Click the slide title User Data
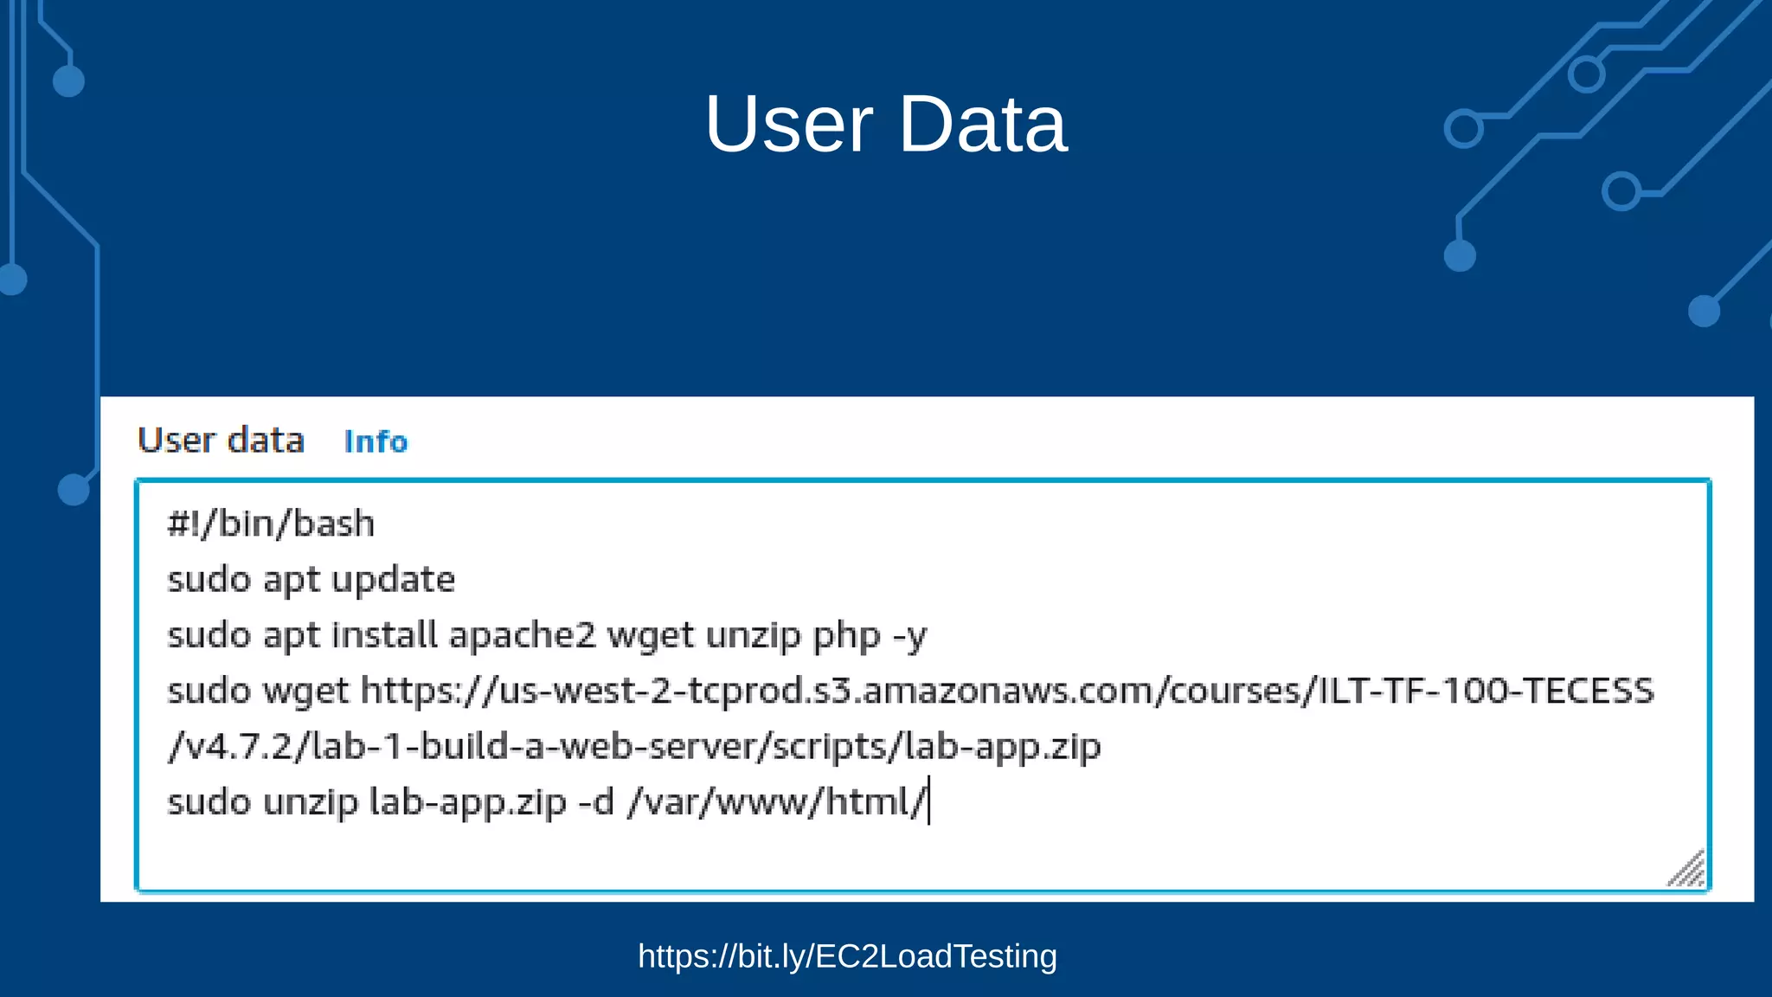(x=886, y=124)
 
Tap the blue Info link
(x=376, y=441)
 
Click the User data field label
(x=221, y=441)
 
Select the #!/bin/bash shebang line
(x=271, y=524)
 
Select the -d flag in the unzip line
(x=595, y=802)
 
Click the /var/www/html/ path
(x=776, y=802)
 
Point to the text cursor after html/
(x=928, y=801)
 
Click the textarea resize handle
(x=1688, y=869)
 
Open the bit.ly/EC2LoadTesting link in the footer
(x=847, y=956)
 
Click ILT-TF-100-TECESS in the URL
(x=1485, y=691)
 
